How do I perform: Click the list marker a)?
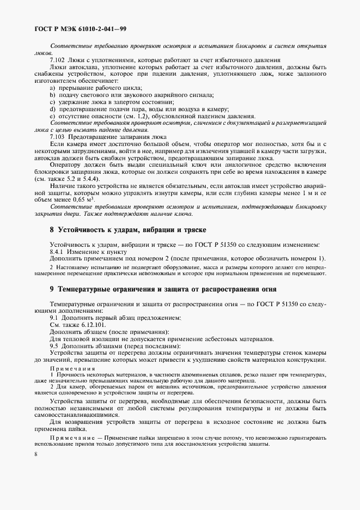pyautogui.click(x=52, y=88)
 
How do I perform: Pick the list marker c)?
pyautogui.click(x=52, y=102)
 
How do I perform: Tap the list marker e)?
pyautogui.click(x=52, y=116)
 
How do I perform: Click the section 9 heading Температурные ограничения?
pyautogui.click(x=163, y=289)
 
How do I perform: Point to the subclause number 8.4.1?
pyautogui.click(x=59, y=251)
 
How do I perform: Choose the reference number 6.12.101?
pyautogui.click(x=84, y=324)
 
